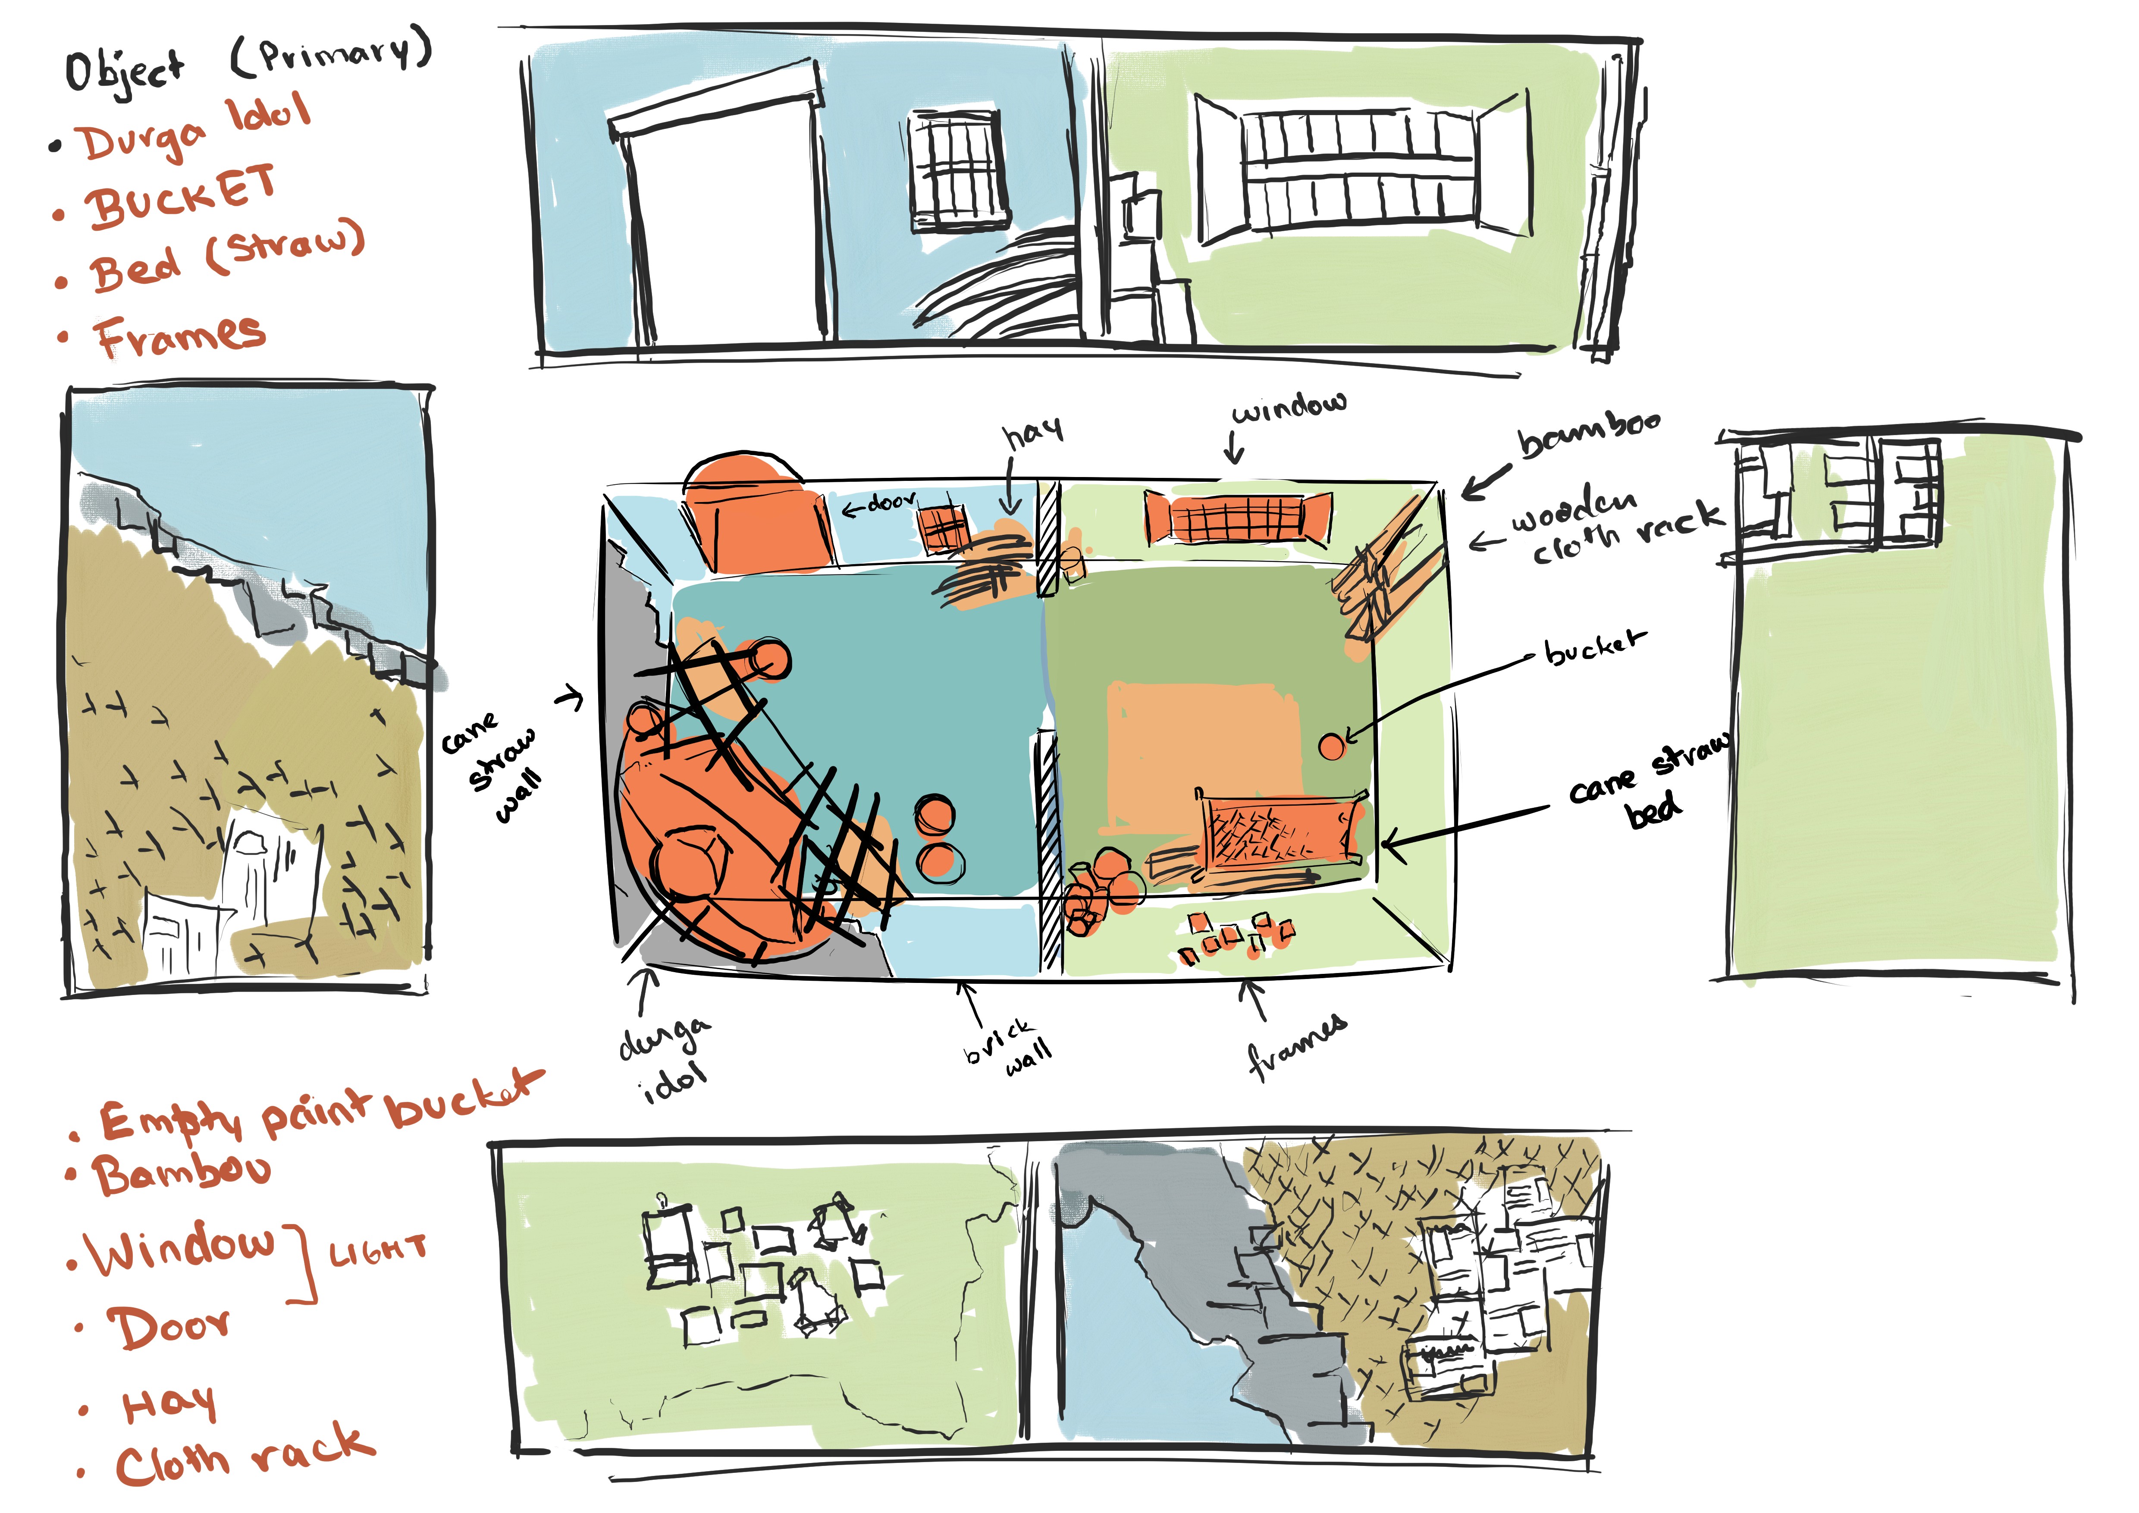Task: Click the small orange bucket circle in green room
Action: coord(1332,745)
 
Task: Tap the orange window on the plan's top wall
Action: coord(1237,517)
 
